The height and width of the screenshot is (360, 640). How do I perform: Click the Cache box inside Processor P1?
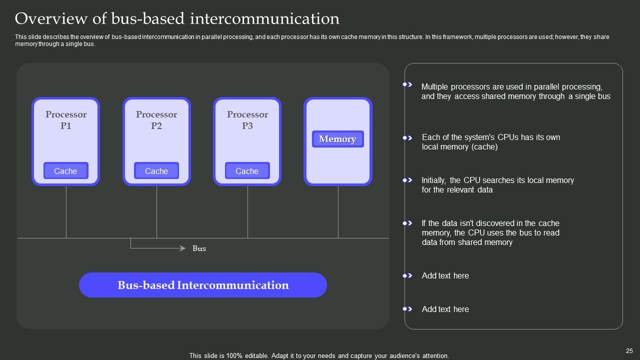pyautogui.click(x=65, y=170)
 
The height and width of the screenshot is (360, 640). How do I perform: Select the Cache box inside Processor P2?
pyautogui.click(x=156, y=170)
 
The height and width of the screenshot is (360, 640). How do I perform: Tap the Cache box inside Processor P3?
pyautogui.click(x=247, y=170)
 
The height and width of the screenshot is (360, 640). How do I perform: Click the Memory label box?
pyautogui.click(x=337, y=139)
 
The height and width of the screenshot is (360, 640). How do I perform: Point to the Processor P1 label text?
pyautogui.click(x=66, y=120)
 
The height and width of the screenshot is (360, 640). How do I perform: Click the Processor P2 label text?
pyautogui.click(x=156, y=120)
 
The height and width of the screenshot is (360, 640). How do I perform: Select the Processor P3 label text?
pyautogui.click(x=247, y=120)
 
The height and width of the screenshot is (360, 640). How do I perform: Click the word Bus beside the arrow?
pyautogui.click(x=199, y=248)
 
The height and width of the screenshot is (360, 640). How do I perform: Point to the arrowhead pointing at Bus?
pyautogui.click(x=182, y=248)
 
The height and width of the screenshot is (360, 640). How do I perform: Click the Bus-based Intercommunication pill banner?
pyautogui.click(x=203, y=285)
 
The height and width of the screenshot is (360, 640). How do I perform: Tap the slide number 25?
pyautogui.click(x=629, y=351)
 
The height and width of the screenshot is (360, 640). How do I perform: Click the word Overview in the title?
pyautogui.click(x=51, y=18)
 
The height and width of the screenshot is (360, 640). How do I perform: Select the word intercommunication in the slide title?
pyautogui.click(x=264, y=18)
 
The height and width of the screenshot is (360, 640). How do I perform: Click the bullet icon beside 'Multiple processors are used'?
pyautogui.click(x=407, y=84)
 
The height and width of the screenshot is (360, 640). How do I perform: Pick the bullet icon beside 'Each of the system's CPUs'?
pyautogui.click(x=407, y=138)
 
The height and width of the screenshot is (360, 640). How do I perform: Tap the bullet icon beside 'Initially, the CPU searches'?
pyautogui.click(x=407, y=180)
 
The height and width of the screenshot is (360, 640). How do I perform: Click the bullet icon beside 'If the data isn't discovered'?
pyautogui.click(x=407, y=223)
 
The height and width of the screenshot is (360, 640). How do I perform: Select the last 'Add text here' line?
pyautogui.click(x=445, y=309)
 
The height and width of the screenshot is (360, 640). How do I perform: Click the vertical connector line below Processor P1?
pyautogui.click(x=66, y=211)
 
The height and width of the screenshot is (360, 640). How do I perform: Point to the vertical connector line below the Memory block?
pyautogui.click(x=338, y=211)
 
